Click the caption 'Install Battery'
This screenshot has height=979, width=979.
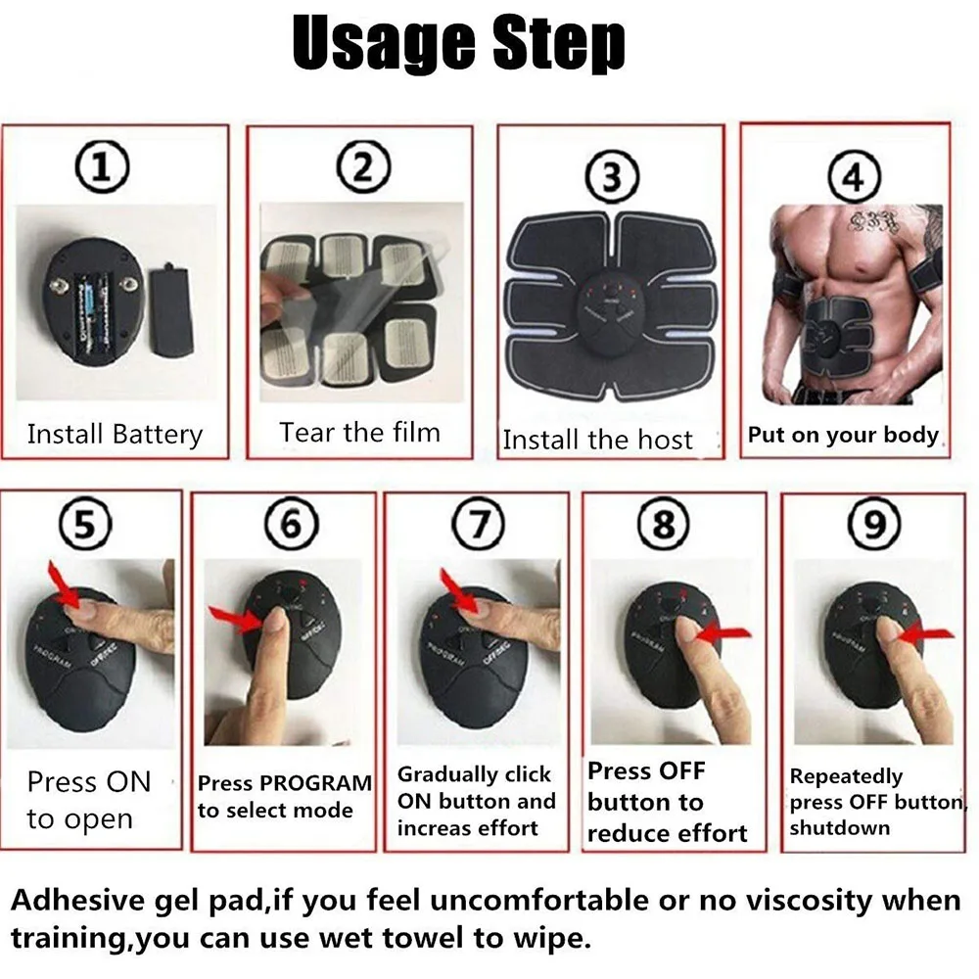pyautogui.click(x=115, y=434)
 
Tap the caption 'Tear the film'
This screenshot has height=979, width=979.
pyautogui.click(x=359, y=432)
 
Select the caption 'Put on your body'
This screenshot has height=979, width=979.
pyautogui.click(x=843, y=435)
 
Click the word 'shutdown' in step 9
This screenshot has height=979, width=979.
pyautogui.click(x=826, y=828)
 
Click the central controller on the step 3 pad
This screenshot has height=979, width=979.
pyautogui.click(x=611, y=305)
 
